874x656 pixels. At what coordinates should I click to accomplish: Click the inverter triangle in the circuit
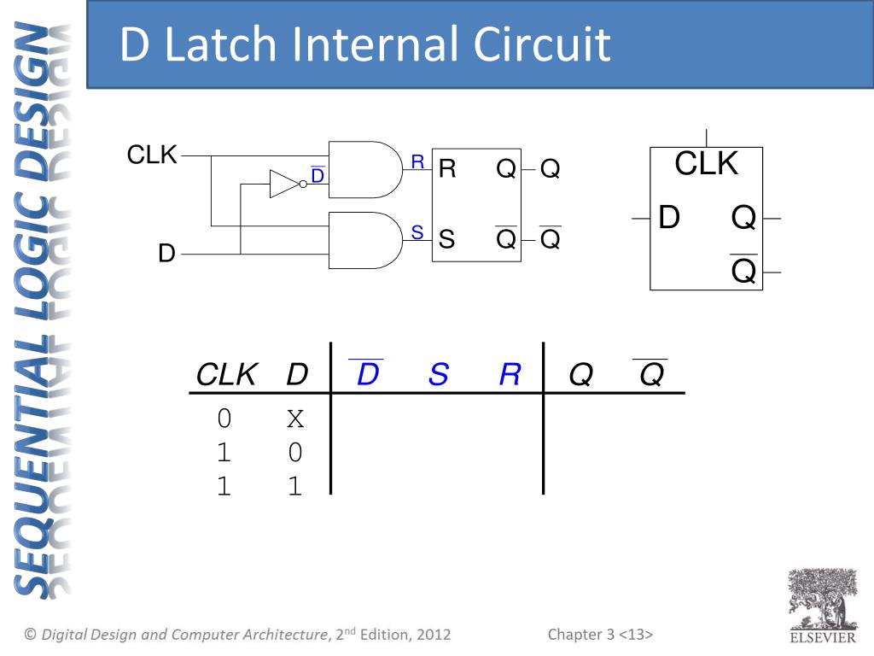283,184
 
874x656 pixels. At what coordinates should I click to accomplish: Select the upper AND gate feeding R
364,169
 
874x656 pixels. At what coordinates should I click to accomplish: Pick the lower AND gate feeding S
364,240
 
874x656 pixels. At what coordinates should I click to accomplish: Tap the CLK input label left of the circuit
152,155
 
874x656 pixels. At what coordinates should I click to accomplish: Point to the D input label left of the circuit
166,254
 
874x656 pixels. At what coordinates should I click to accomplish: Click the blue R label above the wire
417,161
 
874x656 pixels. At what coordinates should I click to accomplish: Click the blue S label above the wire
417,231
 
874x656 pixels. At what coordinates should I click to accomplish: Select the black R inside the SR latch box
447,169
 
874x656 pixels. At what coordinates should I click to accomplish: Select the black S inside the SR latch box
446,240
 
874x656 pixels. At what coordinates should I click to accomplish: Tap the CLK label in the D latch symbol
706,164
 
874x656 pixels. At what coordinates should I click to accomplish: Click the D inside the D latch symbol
669,219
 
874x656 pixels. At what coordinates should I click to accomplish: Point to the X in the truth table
295,419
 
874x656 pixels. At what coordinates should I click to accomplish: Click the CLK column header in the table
226,374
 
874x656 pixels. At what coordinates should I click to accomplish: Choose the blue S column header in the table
438,374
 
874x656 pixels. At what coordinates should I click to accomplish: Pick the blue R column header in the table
510,374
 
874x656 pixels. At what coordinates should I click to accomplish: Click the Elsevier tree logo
821,602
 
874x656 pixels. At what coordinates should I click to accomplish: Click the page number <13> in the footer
636,635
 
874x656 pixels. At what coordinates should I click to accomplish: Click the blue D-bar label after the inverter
318,176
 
